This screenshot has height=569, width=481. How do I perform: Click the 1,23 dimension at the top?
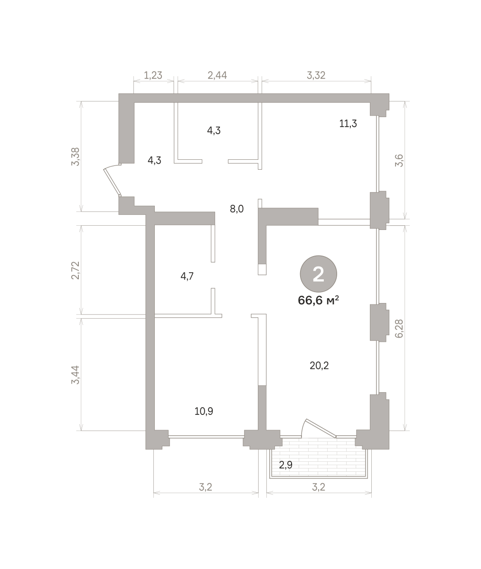point(153,75)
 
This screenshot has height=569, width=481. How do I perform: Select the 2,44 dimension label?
point(217,75)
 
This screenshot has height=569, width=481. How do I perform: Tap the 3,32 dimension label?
point(316,75)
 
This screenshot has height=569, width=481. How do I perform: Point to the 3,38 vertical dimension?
point(75,156)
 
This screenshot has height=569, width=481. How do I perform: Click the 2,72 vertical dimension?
point(75,270)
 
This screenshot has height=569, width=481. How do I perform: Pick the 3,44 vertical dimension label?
point(75,375)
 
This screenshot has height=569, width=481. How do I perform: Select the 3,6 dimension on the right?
point(399,161)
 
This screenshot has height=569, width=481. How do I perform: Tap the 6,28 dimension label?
point(399,329)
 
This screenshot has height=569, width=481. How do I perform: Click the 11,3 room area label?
point(348,124)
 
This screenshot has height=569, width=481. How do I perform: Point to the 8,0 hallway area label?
point(236,209)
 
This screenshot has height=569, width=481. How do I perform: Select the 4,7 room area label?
point(187,276)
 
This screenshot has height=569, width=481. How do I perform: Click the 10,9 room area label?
point(204,411)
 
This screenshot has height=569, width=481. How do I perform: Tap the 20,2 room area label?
point(319,366)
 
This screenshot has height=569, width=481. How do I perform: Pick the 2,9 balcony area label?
point(285,465)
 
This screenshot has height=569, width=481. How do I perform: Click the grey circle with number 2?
point(318,274)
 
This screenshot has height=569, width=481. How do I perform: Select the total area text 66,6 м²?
point(318,300)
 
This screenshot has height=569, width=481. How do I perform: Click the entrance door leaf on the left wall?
point(112,182)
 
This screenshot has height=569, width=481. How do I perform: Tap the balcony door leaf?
point(321,428)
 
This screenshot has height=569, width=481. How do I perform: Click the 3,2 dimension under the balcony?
point(319,487)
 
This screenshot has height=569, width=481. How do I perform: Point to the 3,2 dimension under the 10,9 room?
point(206,487)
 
